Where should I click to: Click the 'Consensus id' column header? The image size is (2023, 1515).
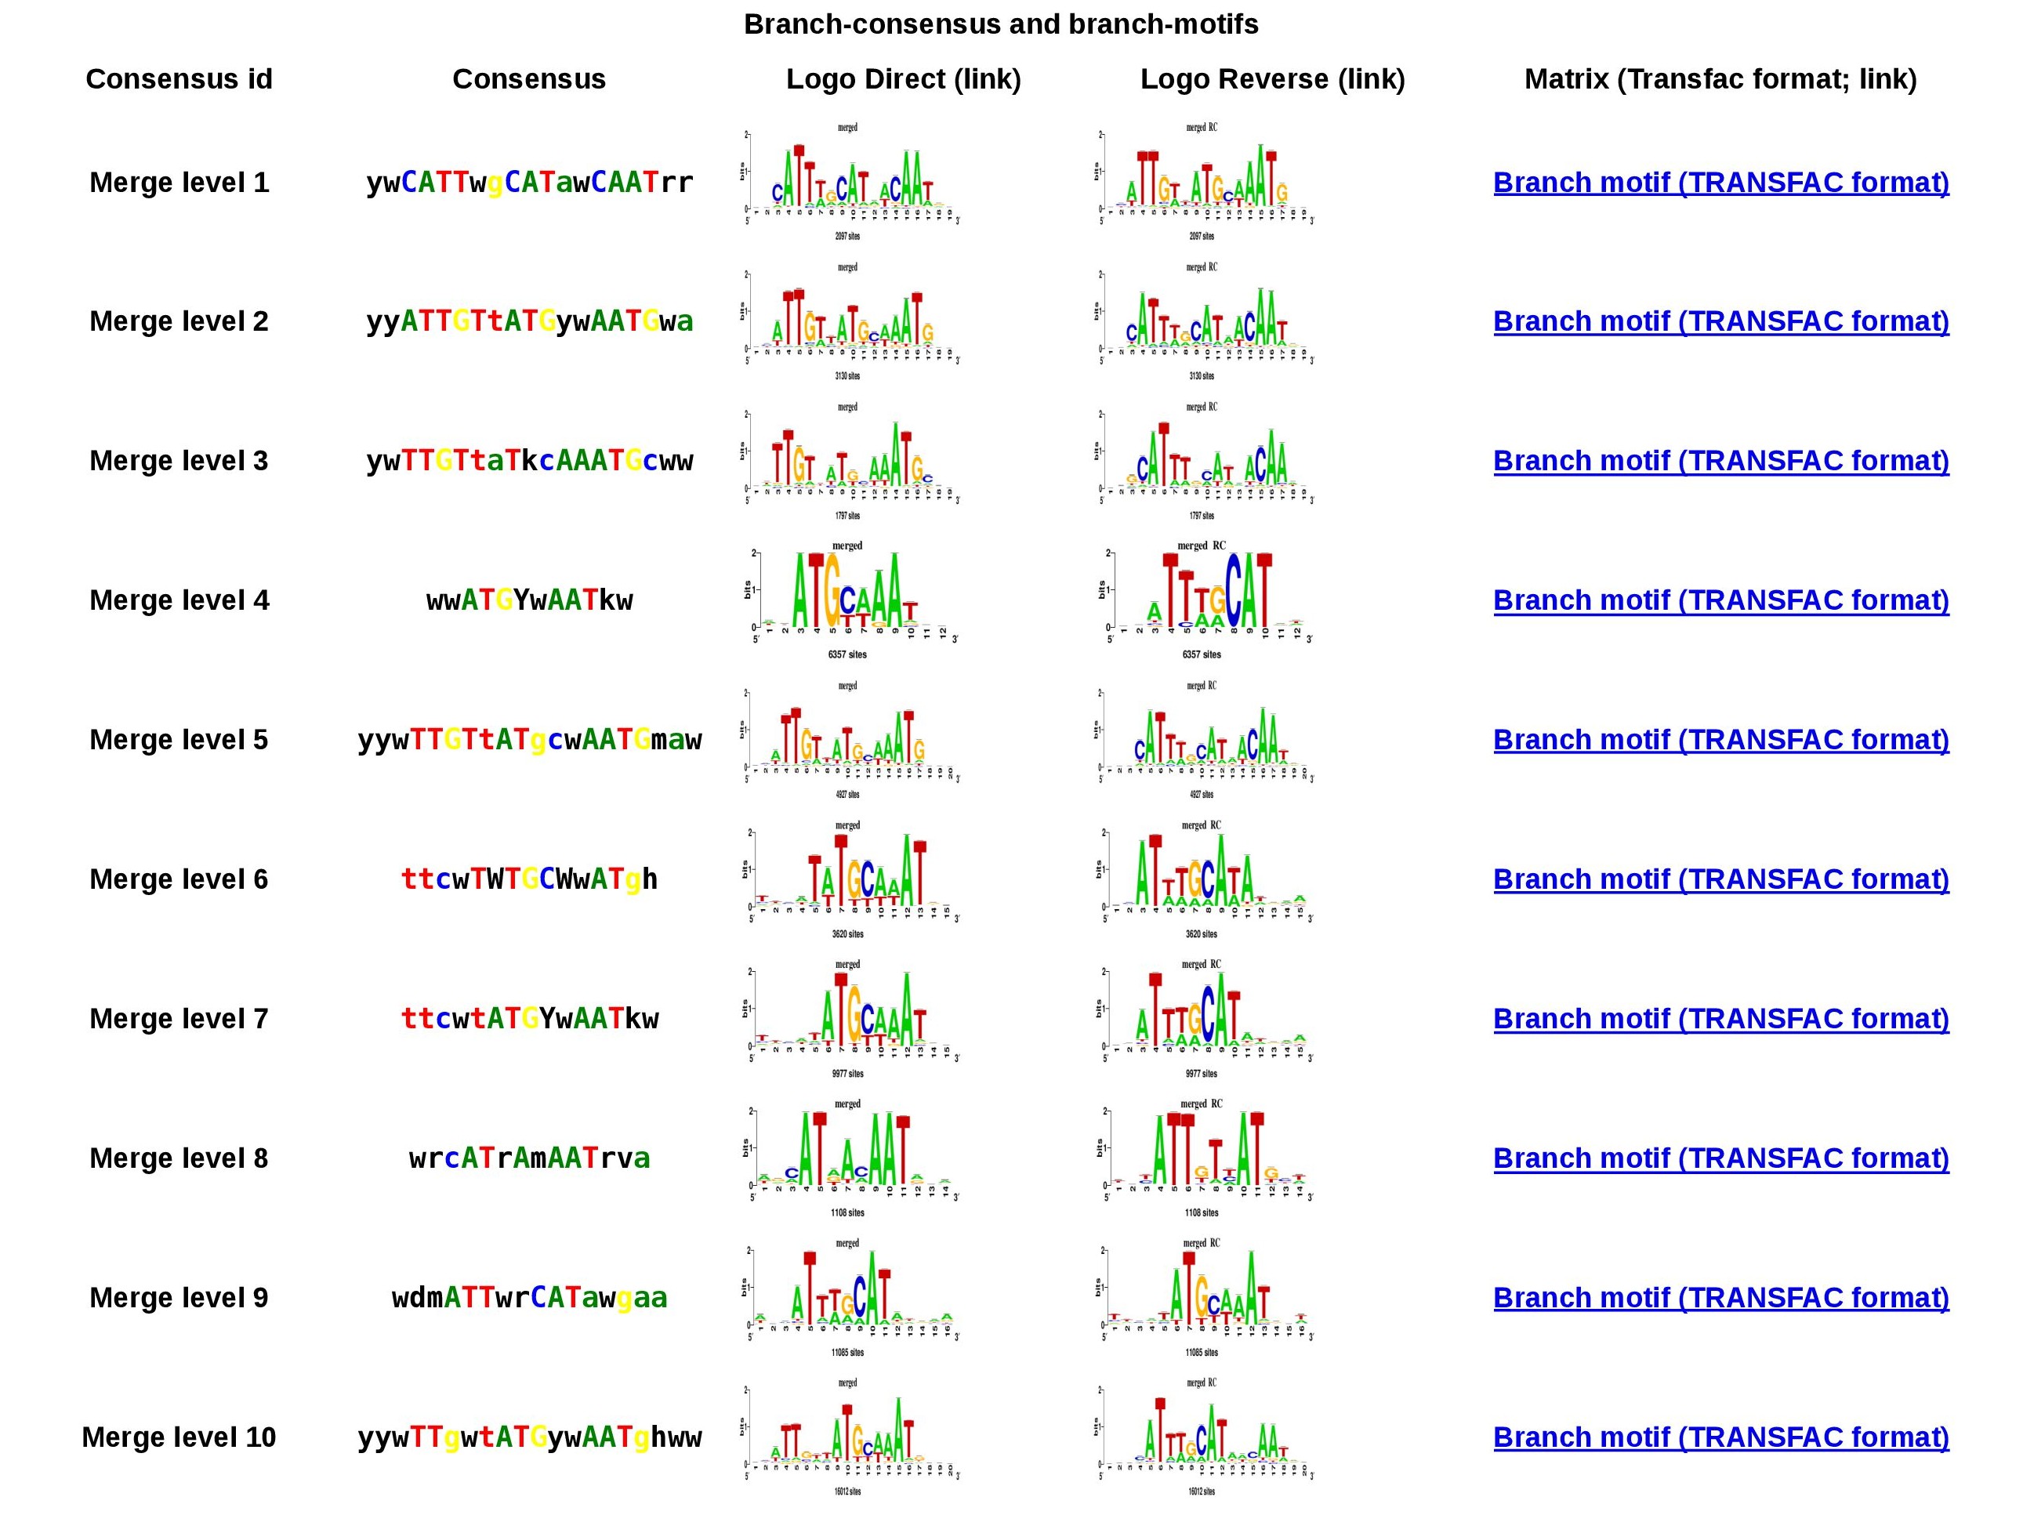point(179,78)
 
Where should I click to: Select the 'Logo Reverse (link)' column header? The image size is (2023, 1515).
point(1272,78)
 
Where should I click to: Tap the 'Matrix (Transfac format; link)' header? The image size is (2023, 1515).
point(1720,78)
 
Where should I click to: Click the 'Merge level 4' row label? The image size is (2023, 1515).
point(179,600)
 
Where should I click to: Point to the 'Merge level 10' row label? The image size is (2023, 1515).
point(179,1437)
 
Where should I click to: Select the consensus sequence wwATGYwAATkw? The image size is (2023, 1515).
point(530,600)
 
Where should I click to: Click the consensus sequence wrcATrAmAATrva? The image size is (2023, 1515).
point(530,1158)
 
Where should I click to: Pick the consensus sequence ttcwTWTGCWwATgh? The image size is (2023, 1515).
point(530,879)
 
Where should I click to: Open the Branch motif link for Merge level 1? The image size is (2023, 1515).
point(1720,182)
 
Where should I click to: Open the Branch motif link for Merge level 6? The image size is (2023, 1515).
point(1720,879)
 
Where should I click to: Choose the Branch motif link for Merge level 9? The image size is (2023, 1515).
point(1720,1297)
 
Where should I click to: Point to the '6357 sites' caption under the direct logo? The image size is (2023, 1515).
point(847,654)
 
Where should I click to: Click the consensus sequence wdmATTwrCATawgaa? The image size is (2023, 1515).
point(530,1297)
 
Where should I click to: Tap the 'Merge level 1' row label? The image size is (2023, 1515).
point(179,182)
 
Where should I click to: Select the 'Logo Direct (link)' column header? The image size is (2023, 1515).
point(903,78)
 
